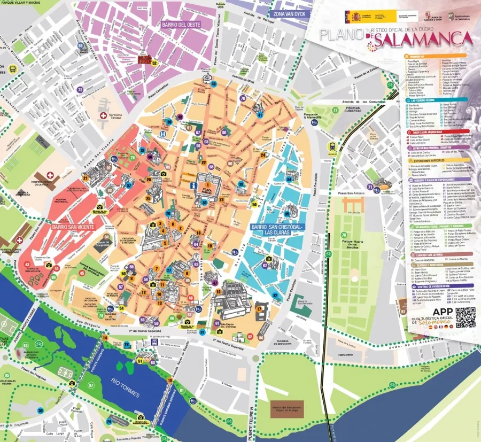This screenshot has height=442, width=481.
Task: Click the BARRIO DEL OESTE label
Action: [x=181, y=24]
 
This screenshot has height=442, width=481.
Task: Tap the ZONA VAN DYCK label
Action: [x=289, y=13]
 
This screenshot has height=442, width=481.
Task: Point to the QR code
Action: [x=465, y=317]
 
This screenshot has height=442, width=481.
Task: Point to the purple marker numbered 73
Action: [x=80, y=90]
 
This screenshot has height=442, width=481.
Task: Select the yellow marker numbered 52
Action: [x=154, y=63]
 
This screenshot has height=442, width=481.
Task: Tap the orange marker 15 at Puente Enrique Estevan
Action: [x=170, y=381]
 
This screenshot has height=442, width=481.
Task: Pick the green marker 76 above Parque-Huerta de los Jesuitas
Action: [x=344, y=235]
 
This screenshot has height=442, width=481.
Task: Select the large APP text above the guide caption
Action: [x=442, y=313]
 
